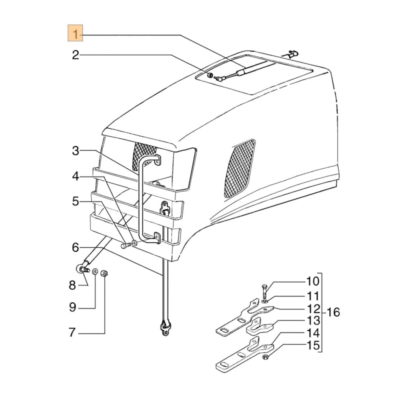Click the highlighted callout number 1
point(76,33)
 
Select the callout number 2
point(76,55)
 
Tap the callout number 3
point(76,151)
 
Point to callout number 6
point(76,247)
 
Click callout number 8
point(72,285)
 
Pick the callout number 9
point(72,308)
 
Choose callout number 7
point(72,333)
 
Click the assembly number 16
point(333,312)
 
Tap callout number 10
point(313,281)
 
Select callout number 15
point(313,346)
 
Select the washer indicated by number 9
point(94,271)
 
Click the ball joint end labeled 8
point(80,269)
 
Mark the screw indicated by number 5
point(125,246)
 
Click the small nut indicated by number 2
point(209,76)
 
